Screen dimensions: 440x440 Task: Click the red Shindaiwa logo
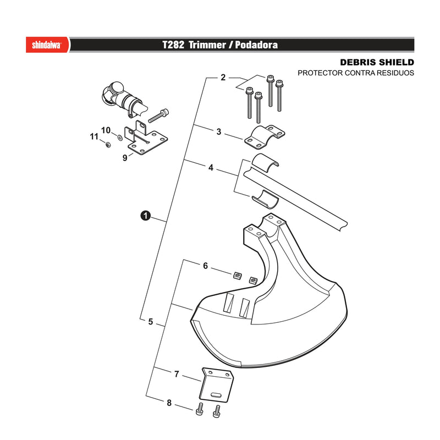(47, 45)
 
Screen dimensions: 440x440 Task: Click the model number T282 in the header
(173, 45)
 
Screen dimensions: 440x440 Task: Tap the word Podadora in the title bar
(256, 45)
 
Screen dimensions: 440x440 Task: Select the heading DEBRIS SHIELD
(377, 62)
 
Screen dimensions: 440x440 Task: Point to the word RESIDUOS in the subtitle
(395, 73)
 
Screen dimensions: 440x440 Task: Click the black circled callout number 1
(145, 216)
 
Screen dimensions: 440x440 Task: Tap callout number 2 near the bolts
(223, 78)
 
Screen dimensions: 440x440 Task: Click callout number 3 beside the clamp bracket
(219, 131)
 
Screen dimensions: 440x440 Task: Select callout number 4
(211, 168)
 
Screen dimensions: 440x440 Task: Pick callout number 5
(151, 322)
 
